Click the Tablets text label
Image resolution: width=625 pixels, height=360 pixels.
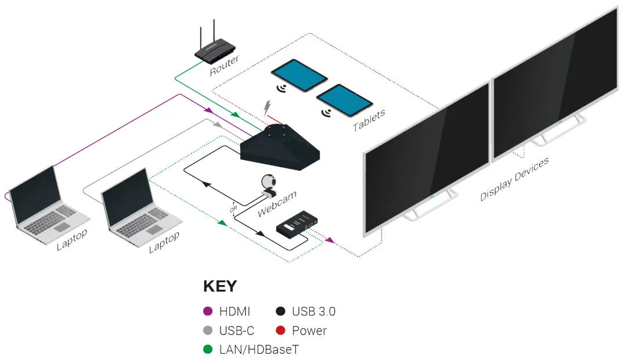[369, 121]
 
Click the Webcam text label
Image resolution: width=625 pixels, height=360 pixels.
[277, 204]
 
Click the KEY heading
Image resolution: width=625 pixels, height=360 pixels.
[220, 286]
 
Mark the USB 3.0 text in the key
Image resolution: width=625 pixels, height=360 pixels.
[313, 312]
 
